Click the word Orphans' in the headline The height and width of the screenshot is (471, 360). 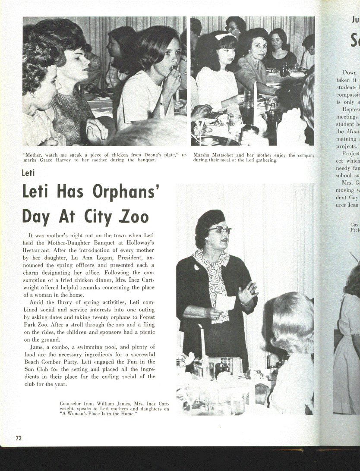pyautogui.click(x=127, y=192)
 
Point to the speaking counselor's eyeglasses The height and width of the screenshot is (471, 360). pyautogui.click(x=221, y=230)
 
